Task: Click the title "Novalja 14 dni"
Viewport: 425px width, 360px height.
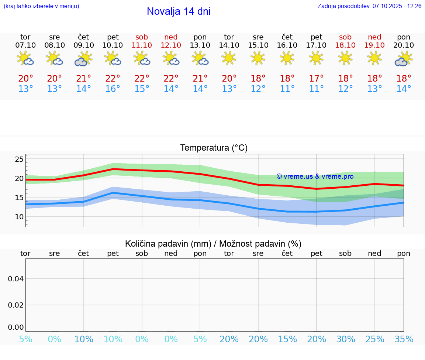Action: pyautogui.click(x=179, y=11)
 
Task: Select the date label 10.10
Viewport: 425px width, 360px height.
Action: pyautogui.click(x=113, y=45)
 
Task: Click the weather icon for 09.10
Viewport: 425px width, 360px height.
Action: pyautogui.click(x=84, y=59)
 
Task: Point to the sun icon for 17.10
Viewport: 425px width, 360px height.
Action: pyautogui.click(x=316, y=58)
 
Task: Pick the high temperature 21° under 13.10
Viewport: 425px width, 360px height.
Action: pyautogui.click(x=200, y=79)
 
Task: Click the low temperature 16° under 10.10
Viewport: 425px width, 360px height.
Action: pyautogui.click(x=113, y=89)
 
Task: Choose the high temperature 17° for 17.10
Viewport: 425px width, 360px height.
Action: pyautogui.click(x=316, y=79)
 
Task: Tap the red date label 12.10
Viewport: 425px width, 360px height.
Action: pyautogui.click(x=171, y=45)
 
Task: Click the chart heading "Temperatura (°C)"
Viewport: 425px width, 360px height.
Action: pyautogui.click(x=214, y=148)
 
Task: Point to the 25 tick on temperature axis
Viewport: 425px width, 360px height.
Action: pyautogui.click(x=19, y=160)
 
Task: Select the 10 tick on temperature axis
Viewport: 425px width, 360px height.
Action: pyautogui.click(x=19, y=217)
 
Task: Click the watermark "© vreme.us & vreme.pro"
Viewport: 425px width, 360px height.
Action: pyautogui.click(x=315, y=176)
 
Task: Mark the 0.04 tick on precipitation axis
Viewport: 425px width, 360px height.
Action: pyautogui.click(x=16, y=279)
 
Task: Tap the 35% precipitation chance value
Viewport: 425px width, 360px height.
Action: pyautogui.click(x=404, y=339)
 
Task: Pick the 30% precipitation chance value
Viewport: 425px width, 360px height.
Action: pyautogui.click(x=345, y=339)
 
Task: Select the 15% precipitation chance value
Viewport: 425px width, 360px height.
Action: pyautogui.click(x=287, y=339)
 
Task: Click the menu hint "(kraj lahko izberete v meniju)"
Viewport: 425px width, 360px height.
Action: pyautogui.click(x=41, y=6)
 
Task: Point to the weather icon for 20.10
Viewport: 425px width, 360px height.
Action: pyautogui.click(x=404, y=59)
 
